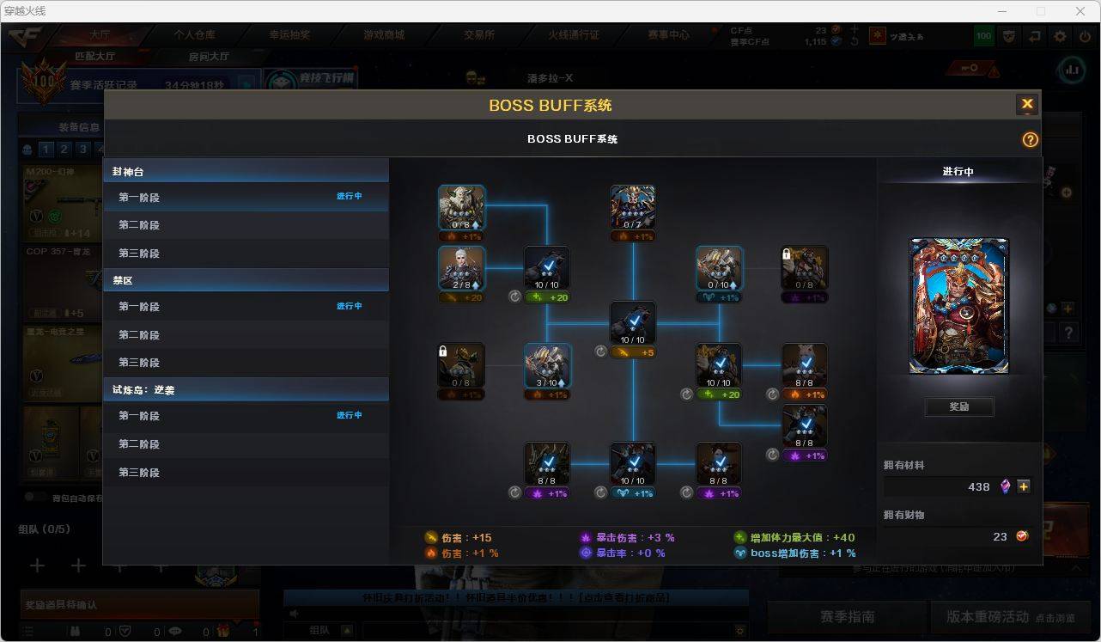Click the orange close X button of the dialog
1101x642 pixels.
[1026, 105]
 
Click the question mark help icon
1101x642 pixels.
[1030, 139]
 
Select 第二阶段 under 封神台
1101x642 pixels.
[139, 225]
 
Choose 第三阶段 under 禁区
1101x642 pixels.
[139, 363]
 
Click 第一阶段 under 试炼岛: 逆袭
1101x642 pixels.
[139, 416]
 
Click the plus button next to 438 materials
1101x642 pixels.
[1024, 486]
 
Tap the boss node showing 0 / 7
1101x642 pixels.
[633, 207]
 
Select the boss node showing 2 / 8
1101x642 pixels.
[461, 268]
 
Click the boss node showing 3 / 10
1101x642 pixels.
[547, 366]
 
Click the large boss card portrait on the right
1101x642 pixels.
[959, 306]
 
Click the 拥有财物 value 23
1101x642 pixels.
[1000, 536]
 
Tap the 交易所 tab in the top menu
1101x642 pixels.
[479, 35]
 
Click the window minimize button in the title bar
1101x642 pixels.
[1001, 11]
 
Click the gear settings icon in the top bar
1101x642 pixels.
[1060, 36]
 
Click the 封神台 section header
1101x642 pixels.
[128, 172]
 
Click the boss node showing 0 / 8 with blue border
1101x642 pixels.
[461, 207]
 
